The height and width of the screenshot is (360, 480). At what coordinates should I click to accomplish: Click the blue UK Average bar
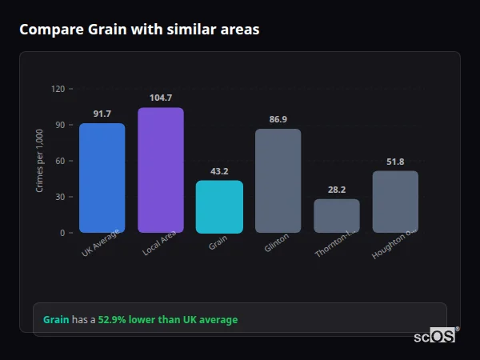click(102, 178)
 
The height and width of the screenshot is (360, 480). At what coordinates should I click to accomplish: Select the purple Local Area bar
click(161, 170)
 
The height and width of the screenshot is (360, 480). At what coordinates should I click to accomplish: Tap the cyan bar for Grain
click(219, 206)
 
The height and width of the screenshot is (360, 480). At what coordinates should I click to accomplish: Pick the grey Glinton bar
click(278, 181)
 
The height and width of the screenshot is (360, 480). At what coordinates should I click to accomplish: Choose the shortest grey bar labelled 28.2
click(337, 216)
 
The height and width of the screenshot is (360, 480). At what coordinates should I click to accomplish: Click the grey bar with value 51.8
click(395, 202)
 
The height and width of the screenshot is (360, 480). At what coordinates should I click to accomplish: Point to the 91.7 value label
click(102, 114)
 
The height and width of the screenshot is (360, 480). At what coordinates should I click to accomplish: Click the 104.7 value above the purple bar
click(161, 98)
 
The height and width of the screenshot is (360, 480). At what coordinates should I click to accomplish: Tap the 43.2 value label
click(219, 171)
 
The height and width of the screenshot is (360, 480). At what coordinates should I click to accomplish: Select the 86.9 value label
click(278, 119)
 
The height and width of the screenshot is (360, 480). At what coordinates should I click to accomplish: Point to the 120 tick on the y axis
click(58, 89)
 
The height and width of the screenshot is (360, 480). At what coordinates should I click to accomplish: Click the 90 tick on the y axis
click(59, 125)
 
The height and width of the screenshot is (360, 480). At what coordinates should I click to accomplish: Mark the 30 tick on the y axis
click(59, 197)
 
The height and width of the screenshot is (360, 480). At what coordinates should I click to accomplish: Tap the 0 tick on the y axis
click(62, 233)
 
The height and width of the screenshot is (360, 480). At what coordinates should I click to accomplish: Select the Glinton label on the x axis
click(276, 243)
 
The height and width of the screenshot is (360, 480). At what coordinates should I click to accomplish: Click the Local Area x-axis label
click(159, 246)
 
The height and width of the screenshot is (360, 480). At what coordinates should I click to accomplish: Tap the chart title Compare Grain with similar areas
click(139, 30)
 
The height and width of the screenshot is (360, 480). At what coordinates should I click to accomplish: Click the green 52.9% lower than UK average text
click(168, 320)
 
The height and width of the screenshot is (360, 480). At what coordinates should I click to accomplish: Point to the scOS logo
click(435, 336)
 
